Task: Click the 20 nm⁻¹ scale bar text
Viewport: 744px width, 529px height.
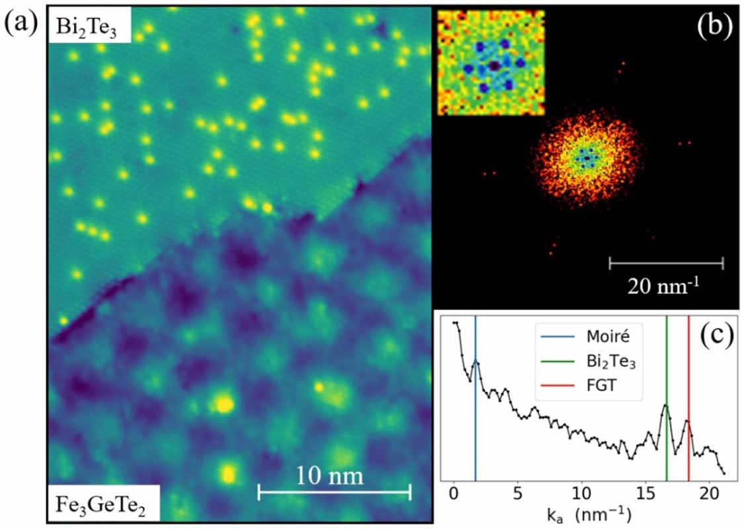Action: click(665, 287)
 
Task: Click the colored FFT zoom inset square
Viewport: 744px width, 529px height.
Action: click(491, 63)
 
